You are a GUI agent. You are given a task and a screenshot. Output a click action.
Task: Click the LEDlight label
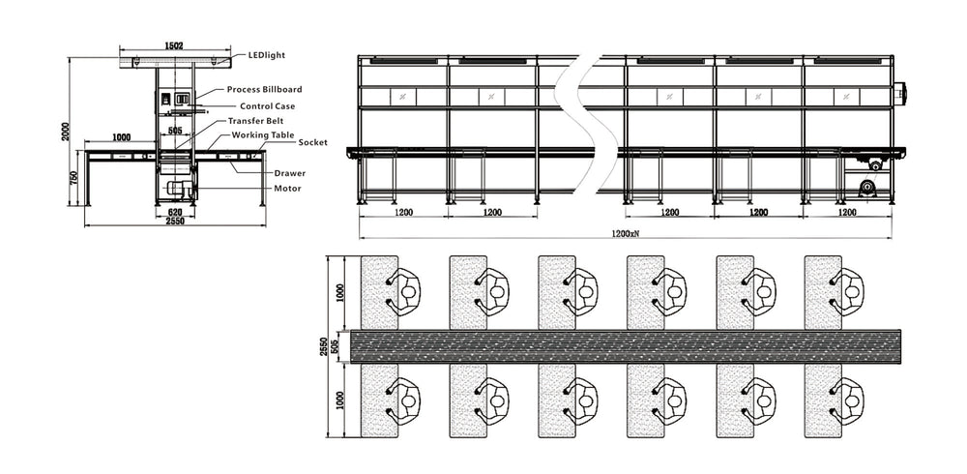(x=267, y=56)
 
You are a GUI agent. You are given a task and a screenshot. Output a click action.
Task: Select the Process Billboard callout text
(x=265, y=89)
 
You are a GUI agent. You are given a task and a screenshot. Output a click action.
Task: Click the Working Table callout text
(x=263, y=135)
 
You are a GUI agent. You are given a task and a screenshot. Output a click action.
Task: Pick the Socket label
(x=312, y=142)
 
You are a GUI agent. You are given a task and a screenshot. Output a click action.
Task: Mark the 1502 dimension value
(x=174, y=45)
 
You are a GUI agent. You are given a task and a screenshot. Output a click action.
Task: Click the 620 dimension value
(x=175, y=212)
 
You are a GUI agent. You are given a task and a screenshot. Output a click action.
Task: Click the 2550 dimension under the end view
(x=174, y=222)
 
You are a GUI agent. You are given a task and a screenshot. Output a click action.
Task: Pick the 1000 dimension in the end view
(x=120, y=138)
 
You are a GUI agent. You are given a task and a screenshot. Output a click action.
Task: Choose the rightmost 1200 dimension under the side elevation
(x=847, y=212)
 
